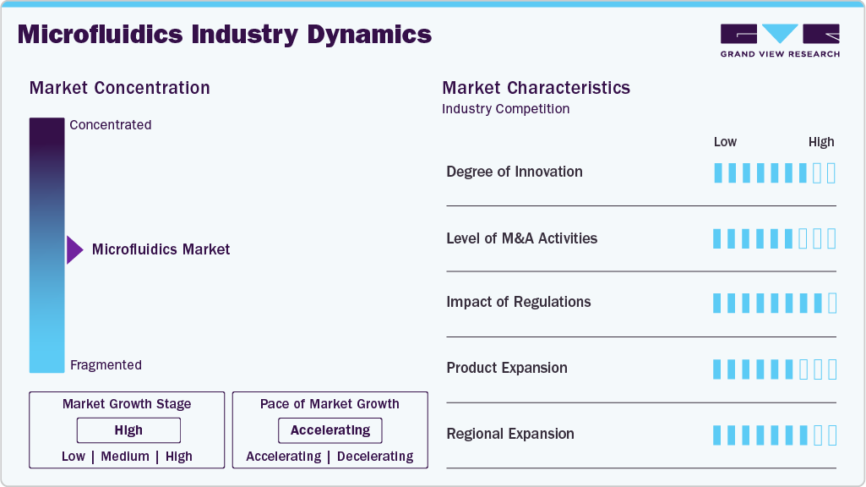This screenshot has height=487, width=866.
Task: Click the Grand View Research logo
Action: [780, 41]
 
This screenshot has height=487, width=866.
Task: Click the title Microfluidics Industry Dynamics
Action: [224, 35]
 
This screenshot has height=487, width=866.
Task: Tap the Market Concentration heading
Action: [119, 88]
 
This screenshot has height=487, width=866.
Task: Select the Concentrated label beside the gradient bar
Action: [111, 125]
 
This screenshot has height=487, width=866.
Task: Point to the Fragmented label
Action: [106, 365]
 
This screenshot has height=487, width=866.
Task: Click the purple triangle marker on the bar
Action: [74, 249]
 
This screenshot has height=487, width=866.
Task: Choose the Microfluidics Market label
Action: [161, 249]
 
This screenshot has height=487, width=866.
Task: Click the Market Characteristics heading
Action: [536, 88]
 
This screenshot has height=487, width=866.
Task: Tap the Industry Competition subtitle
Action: [505, 109]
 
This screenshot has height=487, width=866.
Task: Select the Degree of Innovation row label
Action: [515, 172]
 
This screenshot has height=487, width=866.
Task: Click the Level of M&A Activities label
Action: [521, 238]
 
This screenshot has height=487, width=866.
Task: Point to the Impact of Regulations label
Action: [518, 302]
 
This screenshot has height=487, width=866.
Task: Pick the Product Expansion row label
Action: [507, 368]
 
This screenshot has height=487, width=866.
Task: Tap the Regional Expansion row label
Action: [510, 434]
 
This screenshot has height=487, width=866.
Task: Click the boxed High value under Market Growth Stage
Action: [128, 430]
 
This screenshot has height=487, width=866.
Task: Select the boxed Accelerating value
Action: [330, 430]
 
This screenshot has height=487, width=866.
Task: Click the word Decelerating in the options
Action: [375, 457]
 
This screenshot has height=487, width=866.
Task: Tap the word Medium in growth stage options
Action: [125, 457]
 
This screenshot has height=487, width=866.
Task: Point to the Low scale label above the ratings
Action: [725, 142]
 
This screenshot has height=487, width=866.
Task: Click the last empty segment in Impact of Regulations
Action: [832, 303]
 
